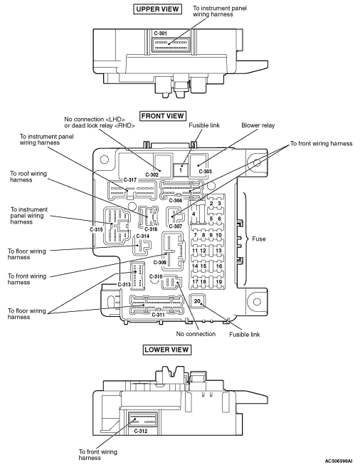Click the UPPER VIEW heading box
coord(157,9)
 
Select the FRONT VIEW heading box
coord(162,115)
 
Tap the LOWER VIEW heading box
coord(166,350)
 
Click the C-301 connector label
coord(161,33)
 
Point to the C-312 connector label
coord(140,431)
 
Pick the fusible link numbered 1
coord(181,170)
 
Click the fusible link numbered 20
coord(197,301)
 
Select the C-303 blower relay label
coord(205,172)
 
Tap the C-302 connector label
coord(152,174)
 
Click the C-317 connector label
coord(130,179)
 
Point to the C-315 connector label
coord(96,229)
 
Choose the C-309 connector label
coord(159,263)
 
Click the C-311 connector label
coord(158,315)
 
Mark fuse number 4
coord(194,214)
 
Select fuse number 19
coord(218,282)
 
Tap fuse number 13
coord(218,250)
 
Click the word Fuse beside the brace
coord(259,239)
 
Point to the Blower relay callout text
coord(258,125)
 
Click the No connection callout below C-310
coord(196,334)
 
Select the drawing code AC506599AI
coord(339,461)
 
